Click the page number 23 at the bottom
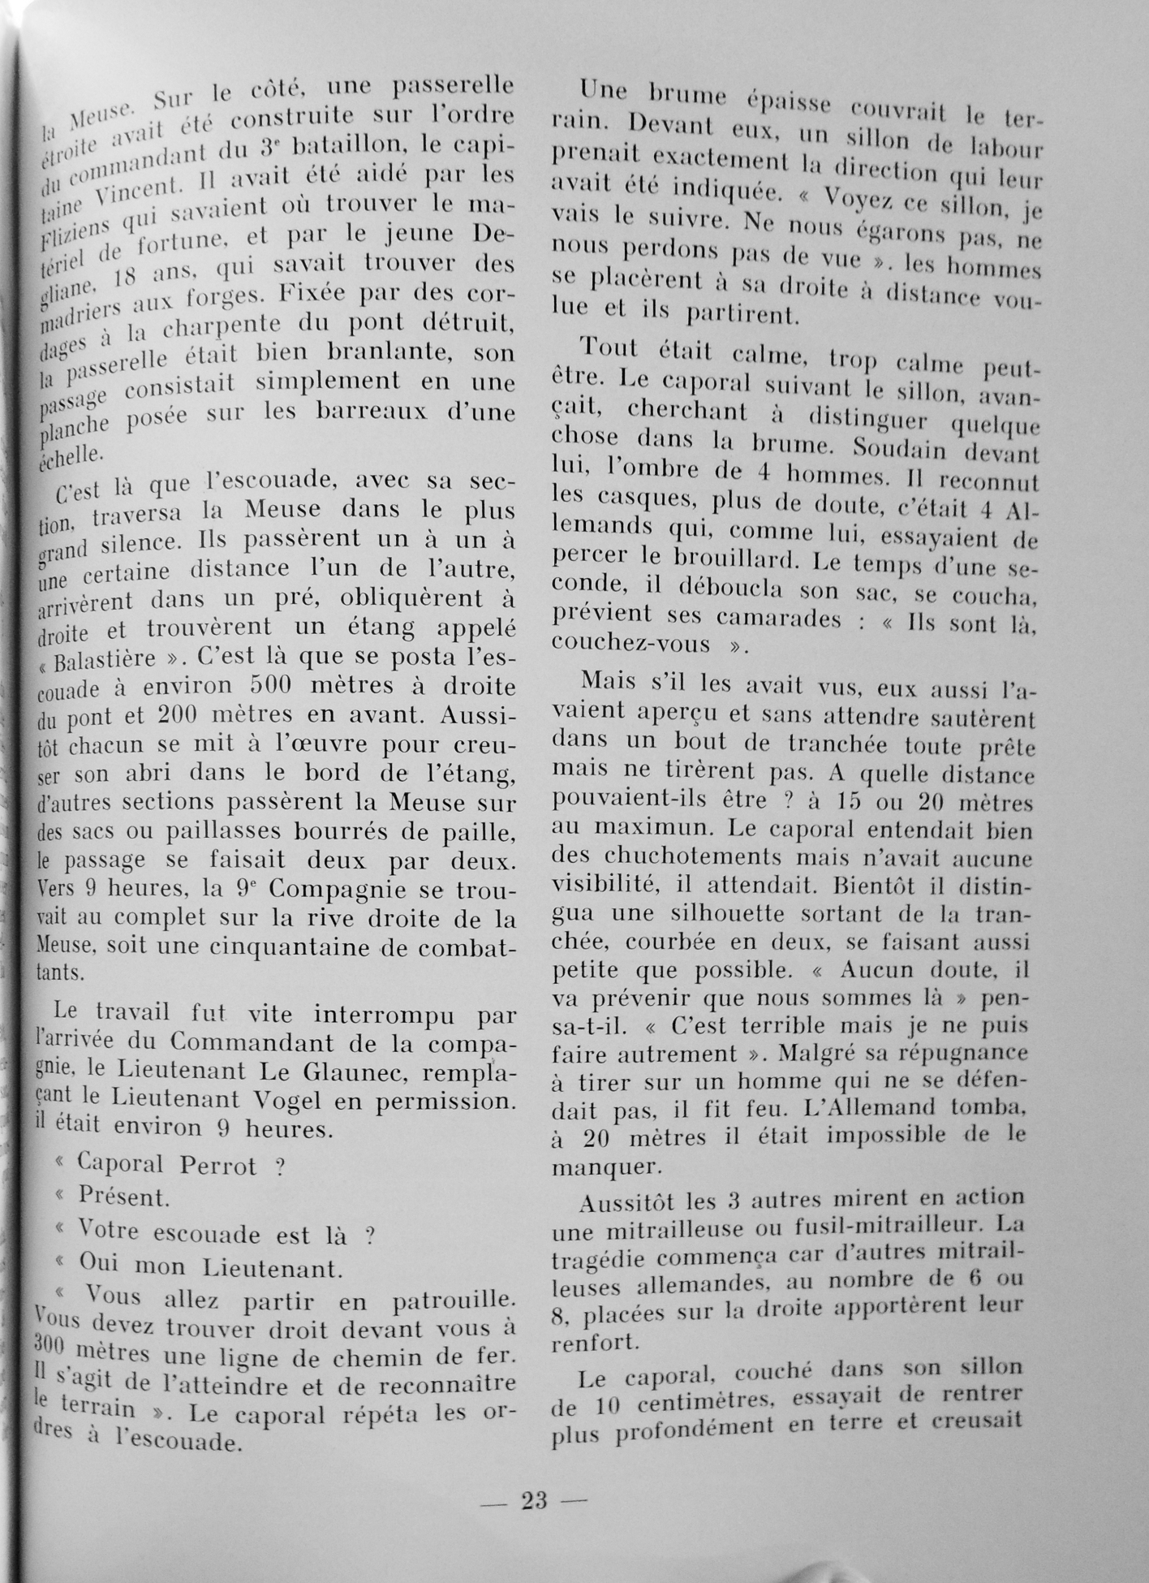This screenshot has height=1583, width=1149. click(534, 1501)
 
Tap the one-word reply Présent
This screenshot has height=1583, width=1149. click(123, 1197)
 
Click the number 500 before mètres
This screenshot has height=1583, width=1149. click(277, 686)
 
